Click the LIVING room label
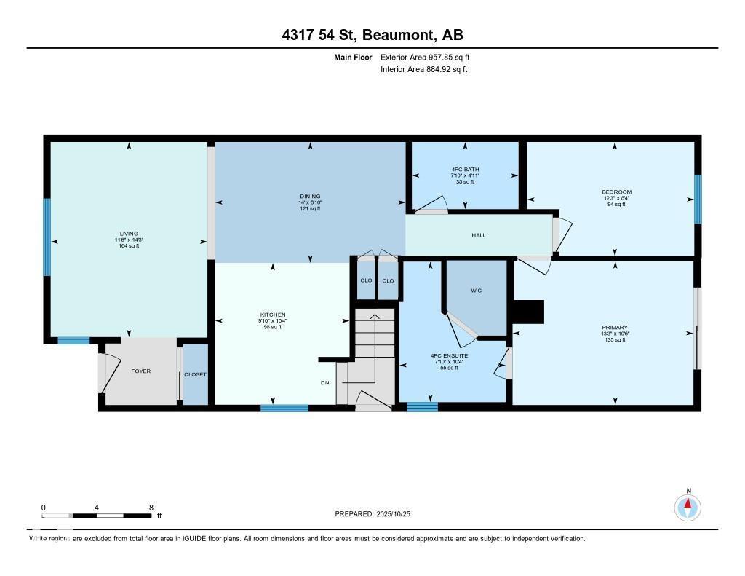point(129,234)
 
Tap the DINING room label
point(310,197)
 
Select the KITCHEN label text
point(273,315)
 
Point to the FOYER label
point(140,371)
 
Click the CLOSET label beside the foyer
point(195,374)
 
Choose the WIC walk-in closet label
point(476,291)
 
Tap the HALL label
point(478,235)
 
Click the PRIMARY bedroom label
point(615,328)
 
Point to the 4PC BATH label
point(466,170)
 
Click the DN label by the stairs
point(325,382)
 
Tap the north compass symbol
point(688,506)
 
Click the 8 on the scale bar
point(151,508)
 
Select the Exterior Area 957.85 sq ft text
point(429,57)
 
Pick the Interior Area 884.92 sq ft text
point(423,70)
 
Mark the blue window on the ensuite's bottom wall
point(422,407)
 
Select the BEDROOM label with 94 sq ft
point(615,193)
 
